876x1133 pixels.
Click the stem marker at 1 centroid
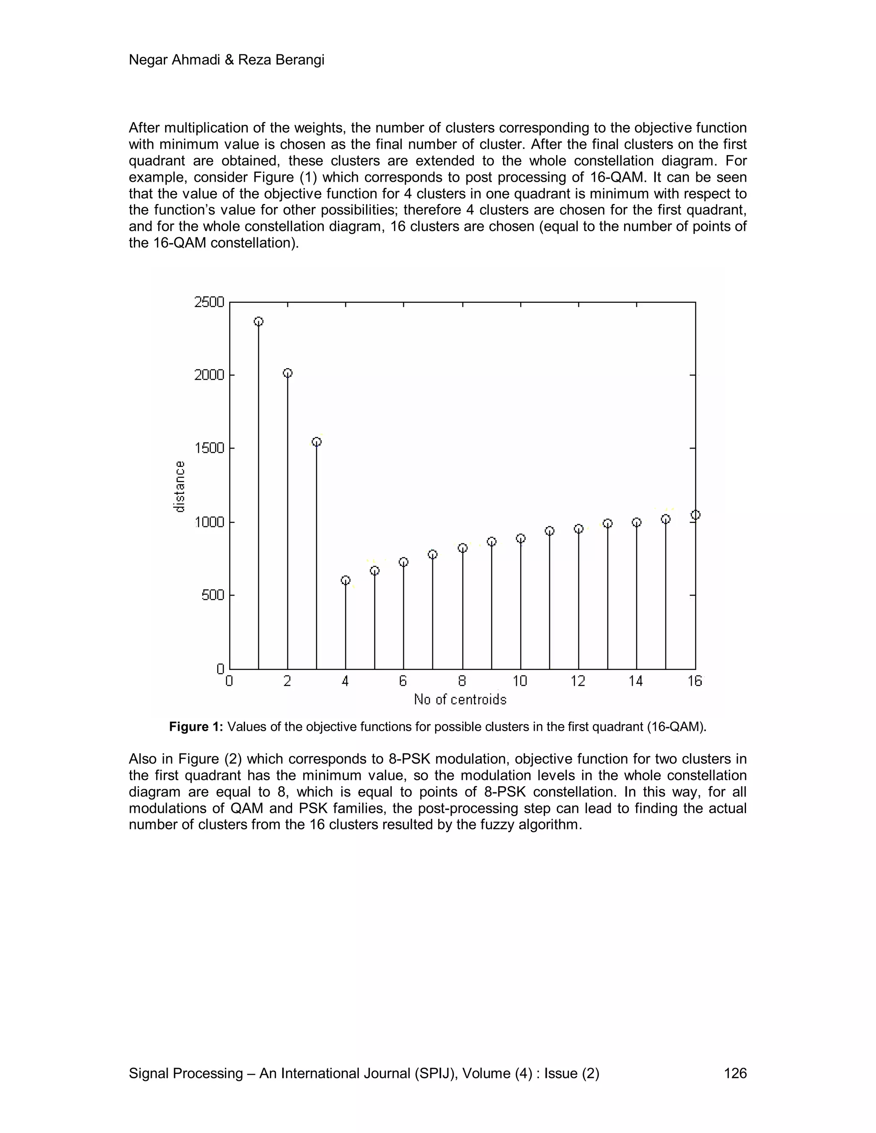pos(258,322)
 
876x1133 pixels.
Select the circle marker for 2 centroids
pos(287,373)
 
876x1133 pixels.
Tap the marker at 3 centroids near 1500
pos(317,442)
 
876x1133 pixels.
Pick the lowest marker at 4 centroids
pos(346,580)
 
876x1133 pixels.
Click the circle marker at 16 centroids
pos(695,515)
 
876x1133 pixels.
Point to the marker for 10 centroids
pos(521,538)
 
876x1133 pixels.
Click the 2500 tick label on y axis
pos(209,302)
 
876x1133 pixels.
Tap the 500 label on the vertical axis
pos(213,595)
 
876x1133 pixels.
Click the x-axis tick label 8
pos(462,681)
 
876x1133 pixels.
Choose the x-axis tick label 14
pos(636,681)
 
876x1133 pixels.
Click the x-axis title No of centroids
pos(460,700)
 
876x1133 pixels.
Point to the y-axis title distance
pos(179,487)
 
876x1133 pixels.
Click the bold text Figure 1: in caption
pos(196,727)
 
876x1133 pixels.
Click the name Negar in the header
pos(149,60)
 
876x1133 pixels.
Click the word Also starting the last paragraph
pos(143,759)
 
